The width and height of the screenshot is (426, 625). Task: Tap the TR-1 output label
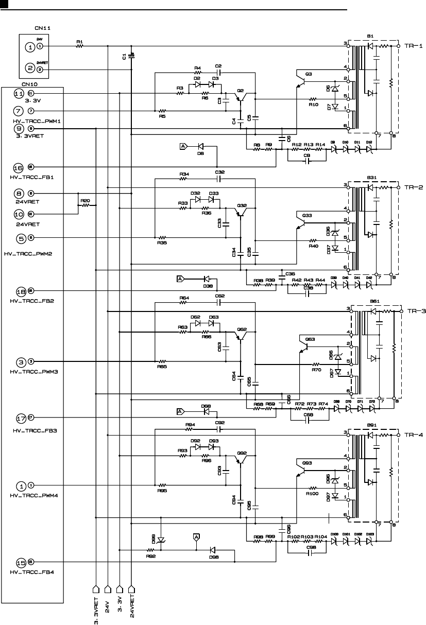pos(414,46)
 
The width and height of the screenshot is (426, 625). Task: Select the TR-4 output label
pos(414,435)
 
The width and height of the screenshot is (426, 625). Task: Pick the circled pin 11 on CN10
pos(19,94)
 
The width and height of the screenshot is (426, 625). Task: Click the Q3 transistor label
pos(309,74)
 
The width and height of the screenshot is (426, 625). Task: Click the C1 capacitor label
pos(125,56)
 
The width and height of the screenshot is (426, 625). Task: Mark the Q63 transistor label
pos(310,339)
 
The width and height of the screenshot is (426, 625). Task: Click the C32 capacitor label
pos(220,172)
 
